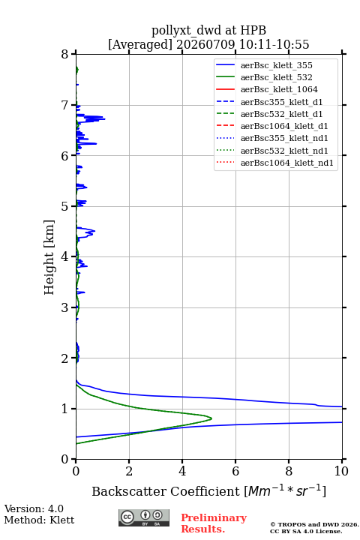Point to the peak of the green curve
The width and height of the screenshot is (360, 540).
211,418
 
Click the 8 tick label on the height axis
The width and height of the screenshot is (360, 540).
65,54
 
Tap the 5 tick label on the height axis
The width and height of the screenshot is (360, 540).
65,206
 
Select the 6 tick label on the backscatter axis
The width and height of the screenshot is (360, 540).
235,471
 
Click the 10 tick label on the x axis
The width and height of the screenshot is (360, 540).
341,471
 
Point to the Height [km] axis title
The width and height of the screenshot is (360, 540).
49,257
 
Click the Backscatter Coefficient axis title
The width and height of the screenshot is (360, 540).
208,490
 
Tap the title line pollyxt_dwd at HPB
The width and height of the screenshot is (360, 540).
208,30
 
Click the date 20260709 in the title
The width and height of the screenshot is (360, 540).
205,44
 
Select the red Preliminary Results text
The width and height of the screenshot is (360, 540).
214,523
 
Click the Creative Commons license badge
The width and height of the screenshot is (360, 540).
144,517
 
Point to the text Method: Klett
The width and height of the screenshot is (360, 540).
39,520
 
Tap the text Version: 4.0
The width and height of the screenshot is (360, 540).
34,508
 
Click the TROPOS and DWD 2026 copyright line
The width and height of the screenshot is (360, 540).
314,524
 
